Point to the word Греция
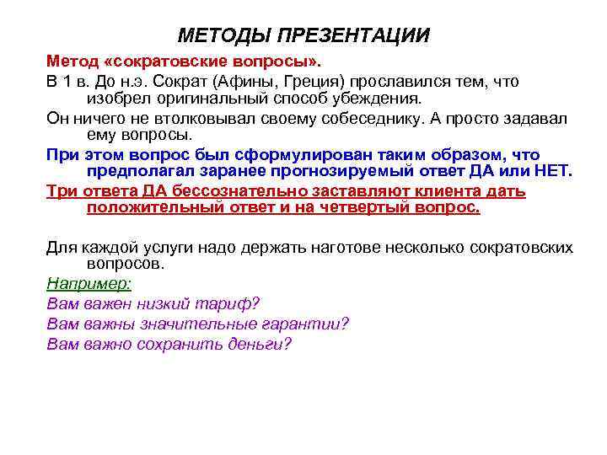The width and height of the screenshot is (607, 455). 306,82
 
